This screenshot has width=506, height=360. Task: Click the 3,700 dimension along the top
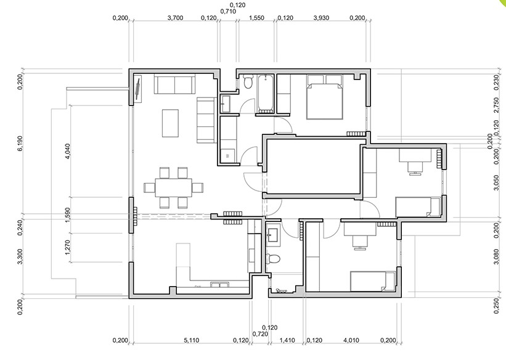point(175,18)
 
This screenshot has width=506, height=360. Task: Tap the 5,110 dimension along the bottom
point(191,340)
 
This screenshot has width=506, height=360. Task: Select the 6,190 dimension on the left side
point(20,143)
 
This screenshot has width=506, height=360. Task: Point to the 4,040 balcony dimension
point(68,151)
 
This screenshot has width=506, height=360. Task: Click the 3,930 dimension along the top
point(321,18)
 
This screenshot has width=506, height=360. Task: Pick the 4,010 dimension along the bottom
point(351,340)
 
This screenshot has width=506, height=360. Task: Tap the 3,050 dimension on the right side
point(497,182)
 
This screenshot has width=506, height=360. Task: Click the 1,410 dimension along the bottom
point(287,340)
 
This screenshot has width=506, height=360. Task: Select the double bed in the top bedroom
point(324,97)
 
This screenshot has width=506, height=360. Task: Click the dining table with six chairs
point(173,187)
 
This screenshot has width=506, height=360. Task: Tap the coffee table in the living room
point(170,123)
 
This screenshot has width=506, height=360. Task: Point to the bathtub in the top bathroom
point(266,94)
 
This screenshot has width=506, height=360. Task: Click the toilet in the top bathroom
point(248,81)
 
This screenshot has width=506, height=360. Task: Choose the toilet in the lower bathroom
point(272,259)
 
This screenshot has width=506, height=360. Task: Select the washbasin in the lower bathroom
point(273,234)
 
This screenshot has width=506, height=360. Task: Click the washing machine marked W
point(229,155)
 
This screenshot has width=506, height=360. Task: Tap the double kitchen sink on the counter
point(220,284)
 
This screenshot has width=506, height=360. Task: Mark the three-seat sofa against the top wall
point(174,84)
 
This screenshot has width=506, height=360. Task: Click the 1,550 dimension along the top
point(256,18)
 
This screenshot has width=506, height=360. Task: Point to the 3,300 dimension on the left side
point(20,256)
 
